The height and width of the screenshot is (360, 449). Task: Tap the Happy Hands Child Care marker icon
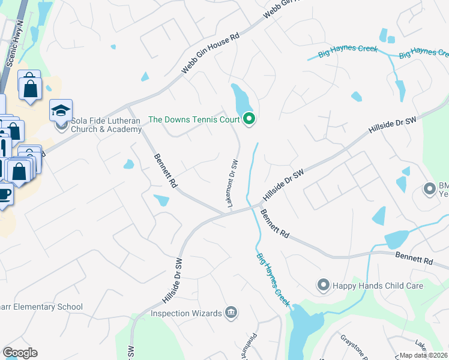pyautogui.click(x=324, y=285)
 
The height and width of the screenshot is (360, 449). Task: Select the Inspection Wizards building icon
pyautogui.click(x=231, y=313)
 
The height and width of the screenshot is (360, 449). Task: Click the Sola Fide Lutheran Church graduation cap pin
pyautogui.click(x=61, y=110)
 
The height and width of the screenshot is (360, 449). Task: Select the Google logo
pyautogui.click(x=20, y=353)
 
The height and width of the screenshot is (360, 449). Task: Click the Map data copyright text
pyautogui.click(x=424, y=355)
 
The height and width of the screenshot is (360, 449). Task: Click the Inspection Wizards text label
pyautogui.click(x=185, y=313)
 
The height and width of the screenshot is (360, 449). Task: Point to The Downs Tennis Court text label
pyautogui.click(x=193, y=120)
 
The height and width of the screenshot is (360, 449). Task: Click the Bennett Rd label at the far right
pyautogui.click(x=414, y=261)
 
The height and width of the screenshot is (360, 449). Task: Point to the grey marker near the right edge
pyautogui.click(x=429, y=189)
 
